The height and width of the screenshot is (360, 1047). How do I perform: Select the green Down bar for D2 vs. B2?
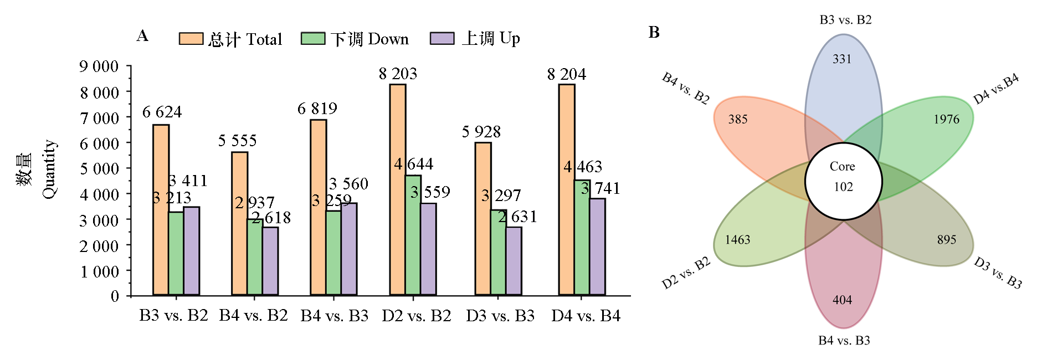(x=413, y=235)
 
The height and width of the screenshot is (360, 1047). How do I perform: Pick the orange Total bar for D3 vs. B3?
(x=483, y=218)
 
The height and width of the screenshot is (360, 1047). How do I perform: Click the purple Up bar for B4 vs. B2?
(x=270, y=261)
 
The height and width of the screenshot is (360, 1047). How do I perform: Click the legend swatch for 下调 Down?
(x=313, y=39)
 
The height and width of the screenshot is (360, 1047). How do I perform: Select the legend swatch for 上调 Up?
(x=442, y=39)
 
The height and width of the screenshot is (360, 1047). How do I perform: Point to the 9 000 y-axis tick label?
(x=99, y=66)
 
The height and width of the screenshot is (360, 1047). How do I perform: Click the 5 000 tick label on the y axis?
(x=99, y=169)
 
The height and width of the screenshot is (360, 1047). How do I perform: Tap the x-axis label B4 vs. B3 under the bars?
(x=334, y=316)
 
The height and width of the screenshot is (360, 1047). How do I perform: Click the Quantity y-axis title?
(x=49, y=169)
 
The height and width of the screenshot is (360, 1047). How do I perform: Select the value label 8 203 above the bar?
(x=398, y=74)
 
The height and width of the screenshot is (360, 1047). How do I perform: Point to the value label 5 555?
(x=237, y=141)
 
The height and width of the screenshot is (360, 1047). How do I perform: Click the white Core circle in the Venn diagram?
(x=843, y=181)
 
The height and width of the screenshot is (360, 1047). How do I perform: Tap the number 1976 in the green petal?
(x=946, y=119)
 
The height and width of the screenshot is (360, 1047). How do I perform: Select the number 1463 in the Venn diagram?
(x=737, y=240)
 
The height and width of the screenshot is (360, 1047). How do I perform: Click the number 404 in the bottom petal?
(x=842, y=300)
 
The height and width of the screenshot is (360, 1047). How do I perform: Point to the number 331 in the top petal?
(x=842, y=59)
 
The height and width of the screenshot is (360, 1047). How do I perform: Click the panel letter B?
(x=654, y=33)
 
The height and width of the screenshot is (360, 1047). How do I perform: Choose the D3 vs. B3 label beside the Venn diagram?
(x=998, y=272)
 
